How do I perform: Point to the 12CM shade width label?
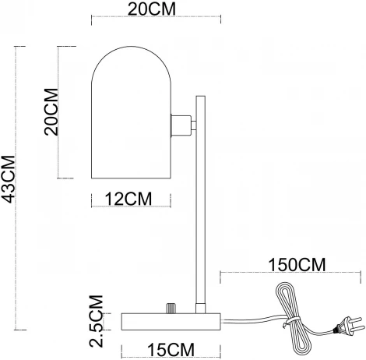pos(130,199)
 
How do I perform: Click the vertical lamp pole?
pos(200,203)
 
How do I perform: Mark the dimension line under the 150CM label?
pos(292,274)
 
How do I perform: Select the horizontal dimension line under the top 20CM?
pos(148,21)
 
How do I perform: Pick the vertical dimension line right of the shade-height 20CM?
pos(61,113)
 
